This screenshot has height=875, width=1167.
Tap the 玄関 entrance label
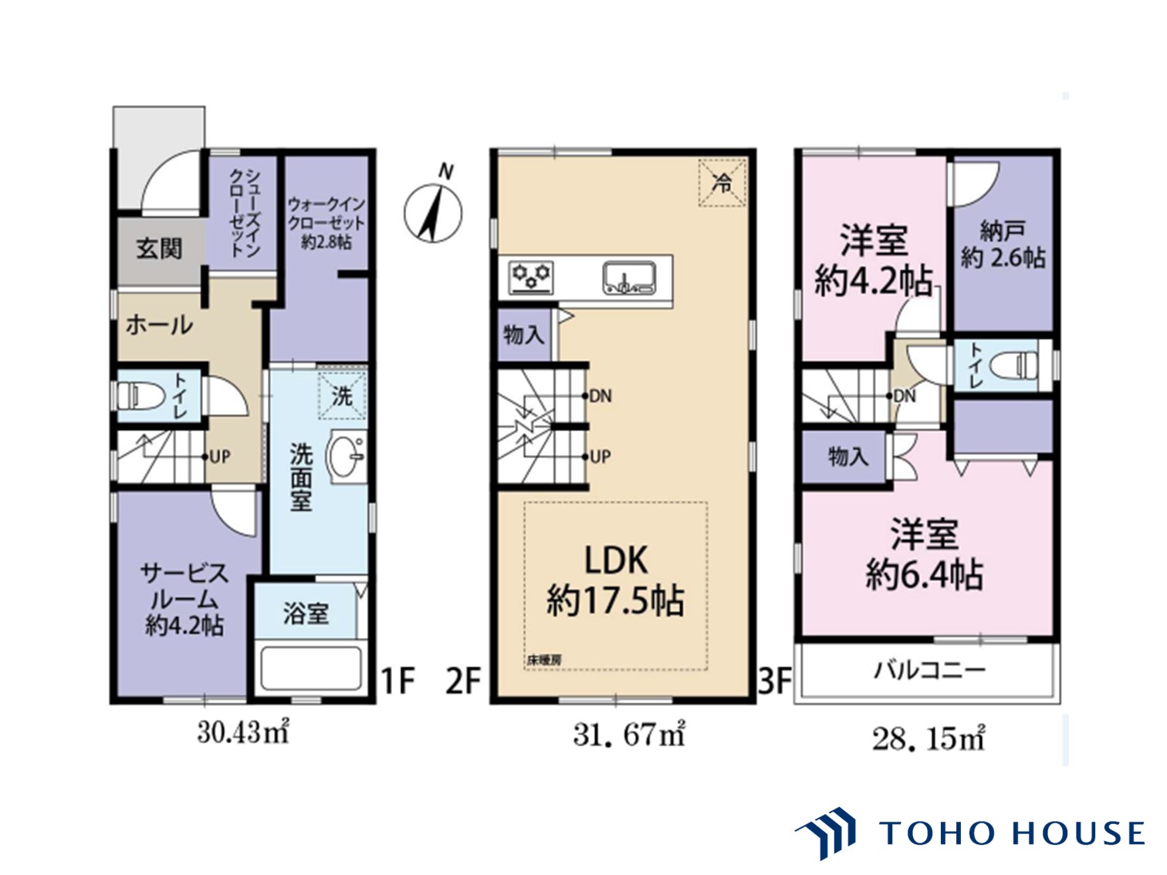click(159, 248)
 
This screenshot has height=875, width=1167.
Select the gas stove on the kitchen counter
click(530, 276)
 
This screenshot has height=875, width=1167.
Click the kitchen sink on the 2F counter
click(628, 278)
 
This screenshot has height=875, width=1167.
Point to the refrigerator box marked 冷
click(722, 182)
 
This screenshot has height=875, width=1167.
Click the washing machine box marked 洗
click(343, 395)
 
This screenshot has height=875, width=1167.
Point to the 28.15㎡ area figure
click(929, 739)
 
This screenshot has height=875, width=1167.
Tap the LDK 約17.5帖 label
click(616, 581)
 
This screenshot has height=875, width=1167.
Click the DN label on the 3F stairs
click(905, 396)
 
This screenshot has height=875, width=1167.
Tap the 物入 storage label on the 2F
click(524, 335)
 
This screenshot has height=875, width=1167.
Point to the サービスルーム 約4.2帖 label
click(184, 600)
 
